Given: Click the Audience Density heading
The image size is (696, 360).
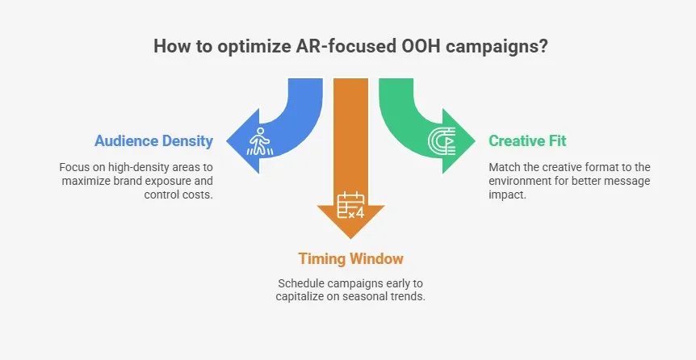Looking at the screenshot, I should [153, 141].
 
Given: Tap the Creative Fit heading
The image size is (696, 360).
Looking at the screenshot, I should [527, 141].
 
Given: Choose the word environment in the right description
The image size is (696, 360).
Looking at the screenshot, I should [522, 181].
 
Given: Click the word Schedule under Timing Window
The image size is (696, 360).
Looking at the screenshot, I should [303, 284].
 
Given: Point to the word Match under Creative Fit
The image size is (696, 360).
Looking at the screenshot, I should [505, 167].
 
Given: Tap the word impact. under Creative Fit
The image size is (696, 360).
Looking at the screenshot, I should [506, 195].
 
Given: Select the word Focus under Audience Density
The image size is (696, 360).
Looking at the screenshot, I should [74, 167].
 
